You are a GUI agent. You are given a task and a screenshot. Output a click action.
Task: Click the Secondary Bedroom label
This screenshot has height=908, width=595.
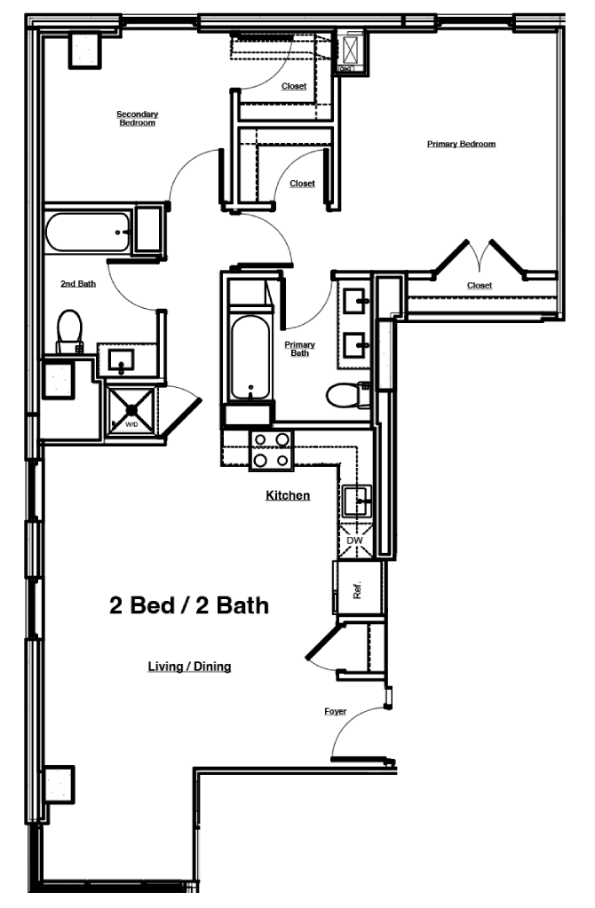pyautogui.click(x=137, y=118)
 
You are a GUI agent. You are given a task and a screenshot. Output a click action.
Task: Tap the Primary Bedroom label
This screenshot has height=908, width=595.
pyautogui.click(x=460, y=144)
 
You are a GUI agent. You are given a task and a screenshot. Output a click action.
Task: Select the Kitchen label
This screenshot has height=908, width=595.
pyautogui.click(x=288, y=495)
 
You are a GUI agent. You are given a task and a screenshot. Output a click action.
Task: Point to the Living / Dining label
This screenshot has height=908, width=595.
pyautogui.click(x=189, y=666)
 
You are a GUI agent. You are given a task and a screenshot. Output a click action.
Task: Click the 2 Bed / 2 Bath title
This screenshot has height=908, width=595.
pyautogui.click(x=188, y=606)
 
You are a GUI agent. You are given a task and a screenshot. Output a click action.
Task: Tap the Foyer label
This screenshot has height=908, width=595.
pyautogui.click(x=335, y=712)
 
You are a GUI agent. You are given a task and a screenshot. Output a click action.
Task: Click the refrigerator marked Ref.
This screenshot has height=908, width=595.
pyautogui.click(x=357, y=588)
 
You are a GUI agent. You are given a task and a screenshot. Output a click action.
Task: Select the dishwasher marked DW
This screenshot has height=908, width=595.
pyautogui.click(x=354, y=540)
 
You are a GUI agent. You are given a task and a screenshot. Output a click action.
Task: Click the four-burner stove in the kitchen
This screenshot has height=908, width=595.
pyautogui.click(x=271, y=450)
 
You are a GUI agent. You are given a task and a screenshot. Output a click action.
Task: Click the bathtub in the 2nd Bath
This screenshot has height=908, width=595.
pyautogui.click(x=88, y=233)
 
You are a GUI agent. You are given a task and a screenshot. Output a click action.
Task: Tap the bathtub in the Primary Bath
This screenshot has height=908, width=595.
pyautogui.click(x=250, y=354)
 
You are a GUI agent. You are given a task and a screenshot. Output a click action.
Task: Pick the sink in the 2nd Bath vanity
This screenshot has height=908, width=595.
pyautogui.click(x=121, y=359)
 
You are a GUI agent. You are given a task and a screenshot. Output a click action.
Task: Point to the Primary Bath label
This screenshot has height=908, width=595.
pyautogui.click(x=299, y=348)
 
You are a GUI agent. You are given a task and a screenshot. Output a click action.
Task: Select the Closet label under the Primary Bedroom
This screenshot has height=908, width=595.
pyautogui.click(x=479, y=286)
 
